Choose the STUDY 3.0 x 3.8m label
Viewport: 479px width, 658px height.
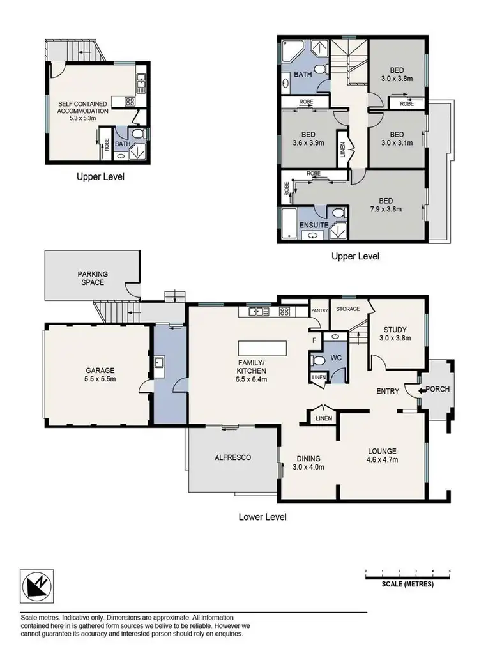click(x=394, y=333)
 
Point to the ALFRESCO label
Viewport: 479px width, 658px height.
click(x=232, y=458)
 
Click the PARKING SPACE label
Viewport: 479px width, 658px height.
click(x=93, y=279)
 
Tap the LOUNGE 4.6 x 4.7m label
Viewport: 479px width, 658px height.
click(x=382, y=454)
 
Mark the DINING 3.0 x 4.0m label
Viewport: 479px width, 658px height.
click(x=308, y=463)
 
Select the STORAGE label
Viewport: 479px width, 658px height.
click(x=348, y=309)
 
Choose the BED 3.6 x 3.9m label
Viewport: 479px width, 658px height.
click(x=308, y=139)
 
